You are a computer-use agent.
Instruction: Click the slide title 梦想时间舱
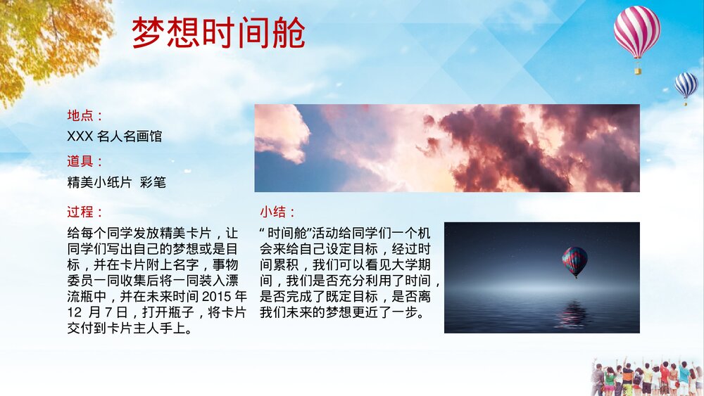click(218, 33)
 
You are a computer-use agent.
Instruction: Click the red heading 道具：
click(85, 162)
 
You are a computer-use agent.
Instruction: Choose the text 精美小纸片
click(99, 182)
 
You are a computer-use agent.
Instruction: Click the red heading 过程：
click(85, 212)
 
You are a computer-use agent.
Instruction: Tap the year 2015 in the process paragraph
click(220, 295)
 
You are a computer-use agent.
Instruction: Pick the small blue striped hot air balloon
click(686, 84)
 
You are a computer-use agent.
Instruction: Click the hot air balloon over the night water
click(574, 262)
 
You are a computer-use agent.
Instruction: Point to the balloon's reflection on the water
click(572, 314)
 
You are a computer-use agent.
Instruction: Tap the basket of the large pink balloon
click(638, 70)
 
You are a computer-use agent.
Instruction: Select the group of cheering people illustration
click(644, 378)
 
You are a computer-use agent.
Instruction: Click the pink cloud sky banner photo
click(446, 148)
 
